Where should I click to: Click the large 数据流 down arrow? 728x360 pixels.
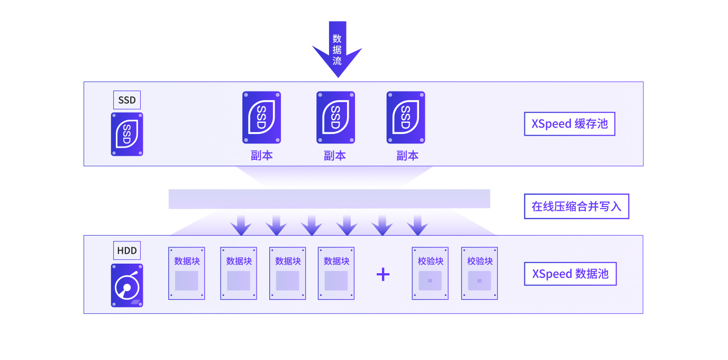coord(338,49)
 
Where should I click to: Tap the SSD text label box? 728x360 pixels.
coord(127,100)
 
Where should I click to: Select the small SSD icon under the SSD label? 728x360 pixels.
coord(127,134)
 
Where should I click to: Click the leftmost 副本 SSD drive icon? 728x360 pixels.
coord(261,118)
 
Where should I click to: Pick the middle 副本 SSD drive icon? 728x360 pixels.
coord(336,118)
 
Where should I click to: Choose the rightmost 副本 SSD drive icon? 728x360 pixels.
coord(406,118)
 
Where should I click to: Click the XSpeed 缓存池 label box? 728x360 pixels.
coord(569,124)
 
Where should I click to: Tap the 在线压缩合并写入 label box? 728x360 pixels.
coord(577,206)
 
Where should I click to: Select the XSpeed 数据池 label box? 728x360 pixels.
coord(570,274)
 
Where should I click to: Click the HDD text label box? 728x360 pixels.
coord(127,250)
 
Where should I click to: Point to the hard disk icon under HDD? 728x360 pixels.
coord(127,285)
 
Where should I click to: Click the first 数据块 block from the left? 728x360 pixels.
coord(187,273)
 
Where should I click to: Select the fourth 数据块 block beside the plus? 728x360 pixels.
coord(336,273)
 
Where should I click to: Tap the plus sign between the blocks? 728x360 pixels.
coord(383,274)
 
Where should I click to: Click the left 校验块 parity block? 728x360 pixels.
coord(430,273)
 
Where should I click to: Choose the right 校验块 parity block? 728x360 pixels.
coord(479,273)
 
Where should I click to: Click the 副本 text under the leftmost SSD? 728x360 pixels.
coord(261,156)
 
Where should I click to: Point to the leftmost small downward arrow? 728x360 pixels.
coord(241,225)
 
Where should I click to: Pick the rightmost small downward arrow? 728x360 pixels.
coord(417,225)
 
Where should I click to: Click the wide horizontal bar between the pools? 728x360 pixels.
coord(329,199)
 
